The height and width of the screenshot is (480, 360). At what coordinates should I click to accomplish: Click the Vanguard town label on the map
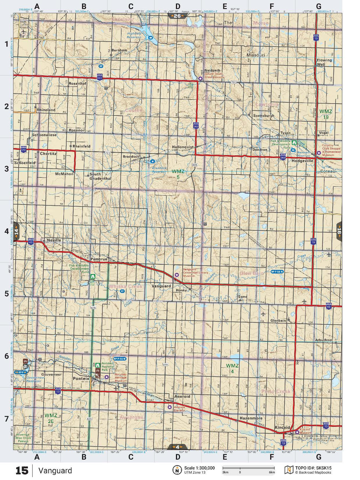(161, 286)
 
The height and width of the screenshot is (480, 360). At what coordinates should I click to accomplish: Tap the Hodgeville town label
(302, 160)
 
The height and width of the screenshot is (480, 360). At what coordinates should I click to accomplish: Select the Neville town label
(54, 240)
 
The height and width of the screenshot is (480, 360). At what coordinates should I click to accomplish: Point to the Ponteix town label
(81, 379)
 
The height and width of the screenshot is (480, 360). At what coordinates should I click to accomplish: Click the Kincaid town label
(282, 427)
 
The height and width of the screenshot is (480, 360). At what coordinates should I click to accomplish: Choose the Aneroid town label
(182, 396)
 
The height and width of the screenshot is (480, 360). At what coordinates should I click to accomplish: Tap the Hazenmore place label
(251, 418)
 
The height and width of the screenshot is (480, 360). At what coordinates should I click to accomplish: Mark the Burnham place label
(119, 50)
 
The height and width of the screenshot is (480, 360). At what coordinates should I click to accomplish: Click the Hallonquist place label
(183, 147)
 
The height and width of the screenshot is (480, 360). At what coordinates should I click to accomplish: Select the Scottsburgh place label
(264, 115)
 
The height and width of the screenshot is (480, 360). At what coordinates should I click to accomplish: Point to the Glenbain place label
(278, 320)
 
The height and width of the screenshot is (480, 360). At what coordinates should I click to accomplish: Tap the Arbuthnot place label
(324, 340)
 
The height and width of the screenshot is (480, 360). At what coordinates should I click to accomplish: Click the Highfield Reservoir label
(134, 35)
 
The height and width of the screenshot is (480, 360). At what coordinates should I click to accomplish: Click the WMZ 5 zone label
(178, 174)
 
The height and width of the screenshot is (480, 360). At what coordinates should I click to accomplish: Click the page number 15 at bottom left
(22, 471)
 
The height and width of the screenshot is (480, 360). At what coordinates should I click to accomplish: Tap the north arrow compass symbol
(177, 470)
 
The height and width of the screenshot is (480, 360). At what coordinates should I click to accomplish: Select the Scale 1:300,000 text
(199, 468)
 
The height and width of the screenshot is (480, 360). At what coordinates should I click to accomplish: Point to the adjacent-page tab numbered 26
(177, 16)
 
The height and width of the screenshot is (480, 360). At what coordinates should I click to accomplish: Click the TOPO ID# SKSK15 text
(313, 468)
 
